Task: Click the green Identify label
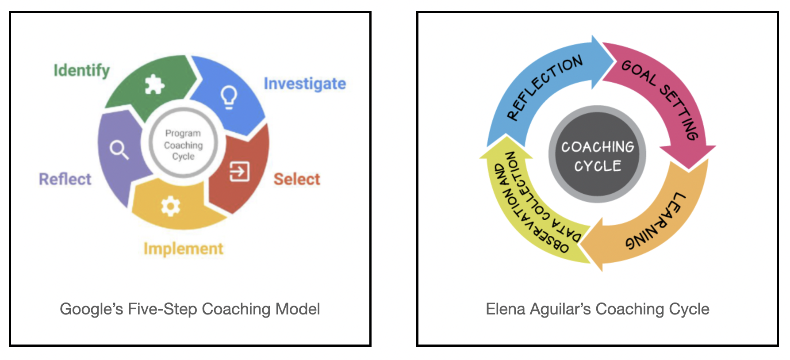click(82, 70)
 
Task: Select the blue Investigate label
click(305, 84)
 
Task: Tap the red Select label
click(296, 179)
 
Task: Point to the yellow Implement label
click(183, 249)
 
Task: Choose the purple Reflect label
click(65, 179)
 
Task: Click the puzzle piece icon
click(154, 84)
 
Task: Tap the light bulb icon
click(229, 96)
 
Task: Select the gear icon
click(170, 206)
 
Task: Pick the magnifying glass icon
click(119, 149)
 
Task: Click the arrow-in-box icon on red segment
click(239, 171)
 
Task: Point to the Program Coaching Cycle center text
click(183, 145)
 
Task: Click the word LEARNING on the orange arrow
click(656, 221)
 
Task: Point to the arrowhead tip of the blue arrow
click(613, 62)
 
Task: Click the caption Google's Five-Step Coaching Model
click(190, 309)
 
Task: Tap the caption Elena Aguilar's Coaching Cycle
click(597, 309)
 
